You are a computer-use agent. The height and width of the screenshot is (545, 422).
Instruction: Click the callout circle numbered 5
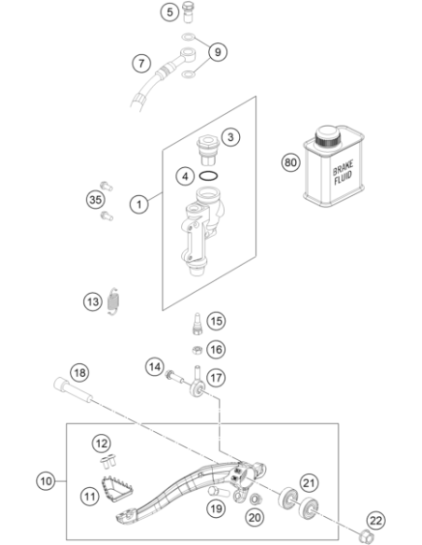(169, 12)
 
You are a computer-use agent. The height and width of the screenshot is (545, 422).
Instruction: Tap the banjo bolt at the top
(188, 12)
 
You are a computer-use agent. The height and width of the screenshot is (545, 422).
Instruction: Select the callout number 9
(218, 52)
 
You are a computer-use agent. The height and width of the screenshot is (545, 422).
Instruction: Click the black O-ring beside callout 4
(208, 176)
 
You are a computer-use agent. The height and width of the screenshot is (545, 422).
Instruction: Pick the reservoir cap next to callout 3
(207, 150)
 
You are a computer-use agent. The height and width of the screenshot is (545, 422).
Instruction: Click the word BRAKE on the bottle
(343, 168)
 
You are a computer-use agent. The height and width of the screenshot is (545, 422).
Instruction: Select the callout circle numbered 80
(290, 162)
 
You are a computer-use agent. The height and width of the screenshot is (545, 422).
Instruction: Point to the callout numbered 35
(95, 200)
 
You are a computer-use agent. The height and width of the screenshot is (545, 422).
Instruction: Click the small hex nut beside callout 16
(197, 350)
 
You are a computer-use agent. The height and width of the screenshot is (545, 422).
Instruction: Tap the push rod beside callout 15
(197, 324)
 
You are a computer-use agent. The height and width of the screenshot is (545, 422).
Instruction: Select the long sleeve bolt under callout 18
(74, 390)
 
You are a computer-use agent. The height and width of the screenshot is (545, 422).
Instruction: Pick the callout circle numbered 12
(102, 443)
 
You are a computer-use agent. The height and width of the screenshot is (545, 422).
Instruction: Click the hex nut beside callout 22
(365, 536)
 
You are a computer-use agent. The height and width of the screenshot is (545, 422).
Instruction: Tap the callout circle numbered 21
(309, 482)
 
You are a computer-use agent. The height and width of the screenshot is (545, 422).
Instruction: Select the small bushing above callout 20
(256, 499)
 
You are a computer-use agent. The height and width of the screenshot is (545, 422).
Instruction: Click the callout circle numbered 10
(46, 482)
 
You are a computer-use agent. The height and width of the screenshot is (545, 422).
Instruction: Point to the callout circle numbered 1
(139, 204)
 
